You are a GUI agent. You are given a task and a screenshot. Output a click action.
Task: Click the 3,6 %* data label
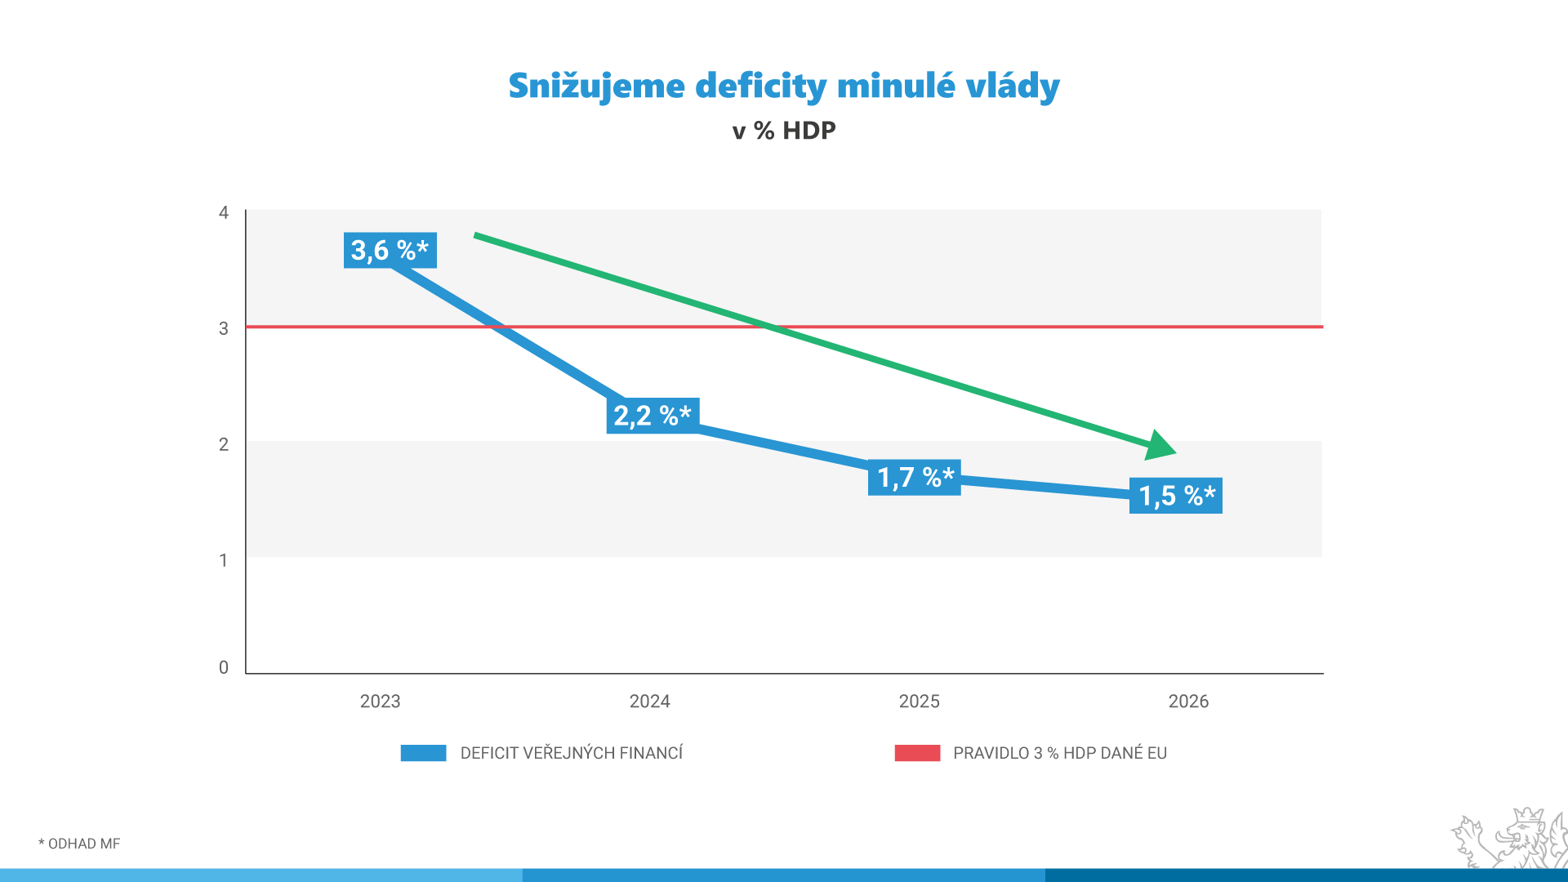(x=390, y=250)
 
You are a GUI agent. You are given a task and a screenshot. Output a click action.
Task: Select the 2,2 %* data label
(x=653, y=416)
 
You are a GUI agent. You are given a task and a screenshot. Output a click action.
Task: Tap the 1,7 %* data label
(x=915, y=477)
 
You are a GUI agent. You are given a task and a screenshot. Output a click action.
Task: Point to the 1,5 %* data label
(x=1176, y=496)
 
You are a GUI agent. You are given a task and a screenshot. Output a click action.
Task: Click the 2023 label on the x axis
(x=380, y=702)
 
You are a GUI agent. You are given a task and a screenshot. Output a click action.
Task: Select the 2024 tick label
(x=649, y=702)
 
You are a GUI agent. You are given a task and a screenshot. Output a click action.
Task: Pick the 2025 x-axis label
(x=919, y=702)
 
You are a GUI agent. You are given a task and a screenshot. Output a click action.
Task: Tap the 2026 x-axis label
(x=1188, y=702)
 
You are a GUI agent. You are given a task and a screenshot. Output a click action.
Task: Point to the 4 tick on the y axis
(x=224, y=213)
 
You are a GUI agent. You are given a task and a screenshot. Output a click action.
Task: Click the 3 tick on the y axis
(x=224, y=329)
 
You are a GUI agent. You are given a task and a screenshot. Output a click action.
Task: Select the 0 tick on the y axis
(x=224, y=668)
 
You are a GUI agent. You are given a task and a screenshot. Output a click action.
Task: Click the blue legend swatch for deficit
(x=423, y=753)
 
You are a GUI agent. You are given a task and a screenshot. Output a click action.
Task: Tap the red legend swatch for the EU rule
(x=917, y=753)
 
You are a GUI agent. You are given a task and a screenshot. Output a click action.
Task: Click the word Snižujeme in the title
(x=596, y=87)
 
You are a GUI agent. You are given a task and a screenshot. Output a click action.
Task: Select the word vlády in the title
(x=1013, y=87)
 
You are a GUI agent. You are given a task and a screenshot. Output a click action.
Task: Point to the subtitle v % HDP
(x=784, y=131)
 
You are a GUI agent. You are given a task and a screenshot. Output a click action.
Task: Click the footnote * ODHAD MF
(x=79, y=844)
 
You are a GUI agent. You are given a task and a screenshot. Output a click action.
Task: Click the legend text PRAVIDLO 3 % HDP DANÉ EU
(x=1059, y=753)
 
